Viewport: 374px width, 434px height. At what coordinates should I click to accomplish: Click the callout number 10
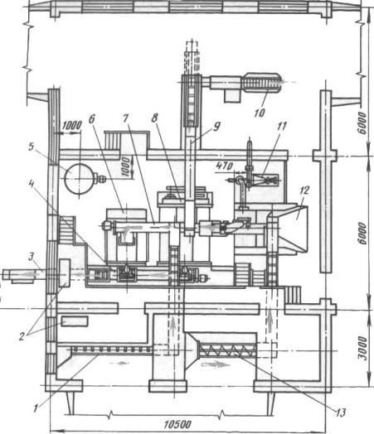click(x=260, y=113)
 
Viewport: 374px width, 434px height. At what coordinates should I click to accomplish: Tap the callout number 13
click(x=341, y=412)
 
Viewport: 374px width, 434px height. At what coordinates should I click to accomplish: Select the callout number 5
click(x=32, y=147)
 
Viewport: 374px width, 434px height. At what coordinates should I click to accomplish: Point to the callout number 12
click(x=304, y=190)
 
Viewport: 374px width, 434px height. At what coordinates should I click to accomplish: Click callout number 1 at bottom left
click(x=36, y=408)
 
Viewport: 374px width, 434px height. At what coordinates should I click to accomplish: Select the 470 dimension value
click(x=225, y=166)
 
